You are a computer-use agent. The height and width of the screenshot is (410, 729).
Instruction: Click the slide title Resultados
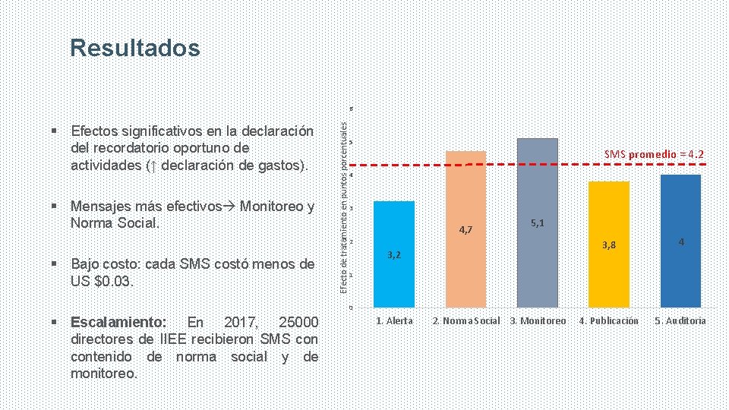click(x=135, y=49)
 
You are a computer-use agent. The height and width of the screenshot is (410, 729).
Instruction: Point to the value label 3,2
click(x=393, y=255)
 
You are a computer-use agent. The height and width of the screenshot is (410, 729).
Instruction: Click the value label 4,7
click(x=465, y=229)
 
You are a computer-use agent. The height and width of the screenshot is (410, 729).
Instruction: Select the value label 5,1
click(x=538, y=223)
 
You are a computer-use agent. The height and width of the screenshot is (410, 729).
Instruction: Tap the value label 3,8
click(x=609, y=244)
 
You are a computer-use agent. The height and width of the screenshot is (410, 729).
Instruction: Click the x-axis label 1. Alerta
click(x=394, y=320)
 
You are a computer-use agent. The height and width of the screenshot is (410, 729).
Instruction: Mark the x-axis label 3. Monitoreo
click(x=538, y=320)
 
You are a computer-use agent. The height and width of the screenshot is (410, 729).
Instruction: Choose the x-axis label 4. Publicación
click(x=609, y=320)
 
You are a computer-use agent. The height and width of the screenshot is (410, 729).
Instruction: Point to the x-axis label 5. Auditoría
click(x=680, y=320)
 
